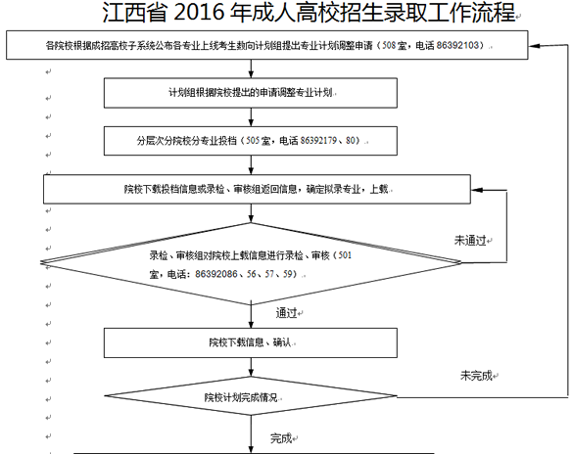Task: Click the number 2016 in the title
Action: pos(199,12)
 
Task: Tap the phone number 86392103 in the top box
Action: pos(457,45)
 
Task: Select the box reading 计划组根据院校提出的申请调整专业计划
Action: pos(251,93)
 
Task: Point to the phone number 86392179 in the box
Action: pos(318,141)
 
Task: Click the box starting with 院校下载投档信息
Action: pos(257,189)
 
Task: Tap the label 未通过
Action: pos(470,241)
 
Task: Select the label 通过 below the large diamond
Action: pos(286,313)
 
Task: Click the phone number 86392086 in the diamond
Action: pos(216,274)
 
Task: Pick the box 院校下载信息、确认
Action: pos(251,342)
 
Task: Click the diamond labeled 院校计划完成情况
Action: pos(251,396)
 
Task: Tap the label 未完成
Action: pos(476,375)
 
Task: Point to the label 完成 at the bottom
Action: pos(281,438)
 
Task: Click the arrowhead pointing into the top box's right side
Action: pos(534,46)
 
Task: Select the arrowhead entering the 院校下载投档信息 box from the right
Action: pos(477,190)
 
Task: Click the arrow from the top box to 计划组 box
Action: pos(251,68)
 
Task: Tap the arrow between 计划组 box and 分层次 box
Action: pos(251,117)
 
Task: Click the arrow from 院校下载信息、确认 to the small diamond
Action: pos(251,367)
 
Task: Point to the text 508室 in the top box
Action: pos(395,45)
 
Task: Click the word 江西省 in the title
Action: pos(134,12)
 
